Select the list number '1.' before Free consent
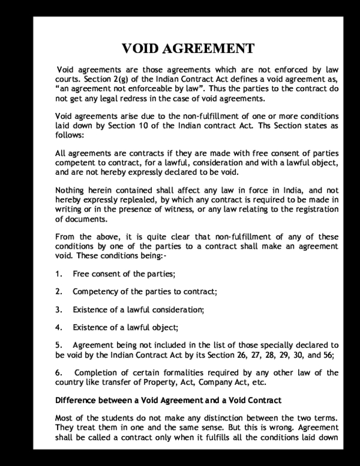[58, 274]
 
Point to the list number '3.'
[58, 310]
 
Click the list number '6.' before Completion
[58, 372]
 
